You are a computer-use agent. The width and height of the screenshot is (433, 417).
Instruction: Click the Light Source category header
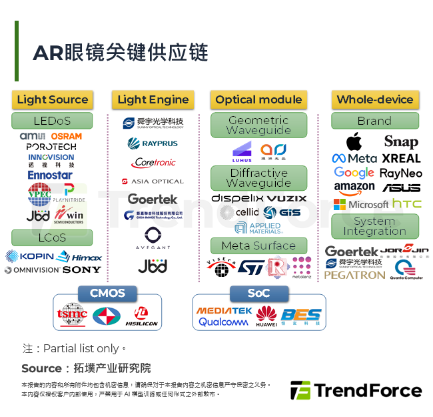[52, 99]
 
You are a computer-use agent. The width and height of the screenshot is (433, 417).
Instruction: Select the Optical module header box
[258, 99]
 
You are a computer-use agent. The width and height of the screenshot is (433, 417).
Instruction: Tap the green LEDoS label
[52, 121]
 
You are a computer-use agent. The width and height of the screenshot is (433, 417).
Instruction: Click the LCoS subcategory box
[52, 237]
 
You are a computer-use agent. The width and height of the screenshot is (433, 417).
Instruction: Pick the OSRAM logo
[66, 136]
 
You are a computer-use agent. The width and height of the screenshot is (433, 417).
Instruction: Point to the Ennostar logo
[50, 175]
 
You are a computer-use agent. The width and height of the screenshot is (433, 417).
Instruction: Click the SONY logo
[82, 270]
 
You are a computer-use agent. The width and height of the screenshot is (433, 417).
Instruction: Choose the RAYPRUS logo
[153, 143]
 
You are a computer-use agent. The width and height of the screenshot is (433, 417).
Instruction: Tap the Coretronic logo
[153, 162]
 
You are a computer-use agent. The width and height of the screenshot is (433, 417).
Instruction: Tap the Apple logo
[354, 141]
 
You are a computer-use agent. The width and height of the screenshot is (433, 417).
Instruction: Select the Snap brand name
[401, 141]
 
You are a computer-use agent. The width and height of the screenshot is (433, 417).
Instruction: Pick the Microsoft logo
[360, 204]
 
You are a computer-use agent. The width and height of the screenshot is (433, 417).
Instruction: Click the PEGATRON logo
[354, 275]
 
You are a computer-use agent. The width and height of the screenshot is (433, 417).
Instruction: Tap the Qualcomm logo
[223, 322]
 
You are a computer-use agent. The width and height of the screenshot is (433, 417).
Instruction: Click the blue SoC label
[258, 293]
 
